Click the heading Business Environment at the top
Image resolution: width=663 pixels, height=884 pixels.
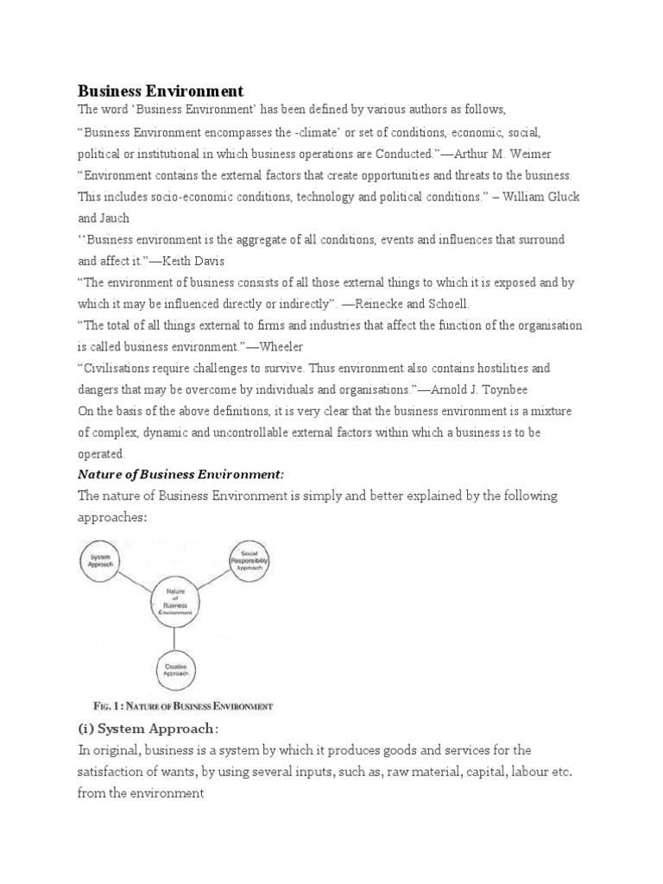pos(161,91)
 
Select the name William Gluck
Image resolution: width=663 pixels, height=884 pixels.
pos(534,197)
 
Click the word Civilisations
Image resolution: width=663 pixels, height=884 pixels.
pos(120,368)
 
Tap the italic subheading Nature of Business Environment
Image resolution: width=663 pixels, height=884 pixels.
pos(180,475)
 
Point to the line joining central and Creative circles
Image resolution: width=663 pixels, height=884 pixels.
pos(176,636)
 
